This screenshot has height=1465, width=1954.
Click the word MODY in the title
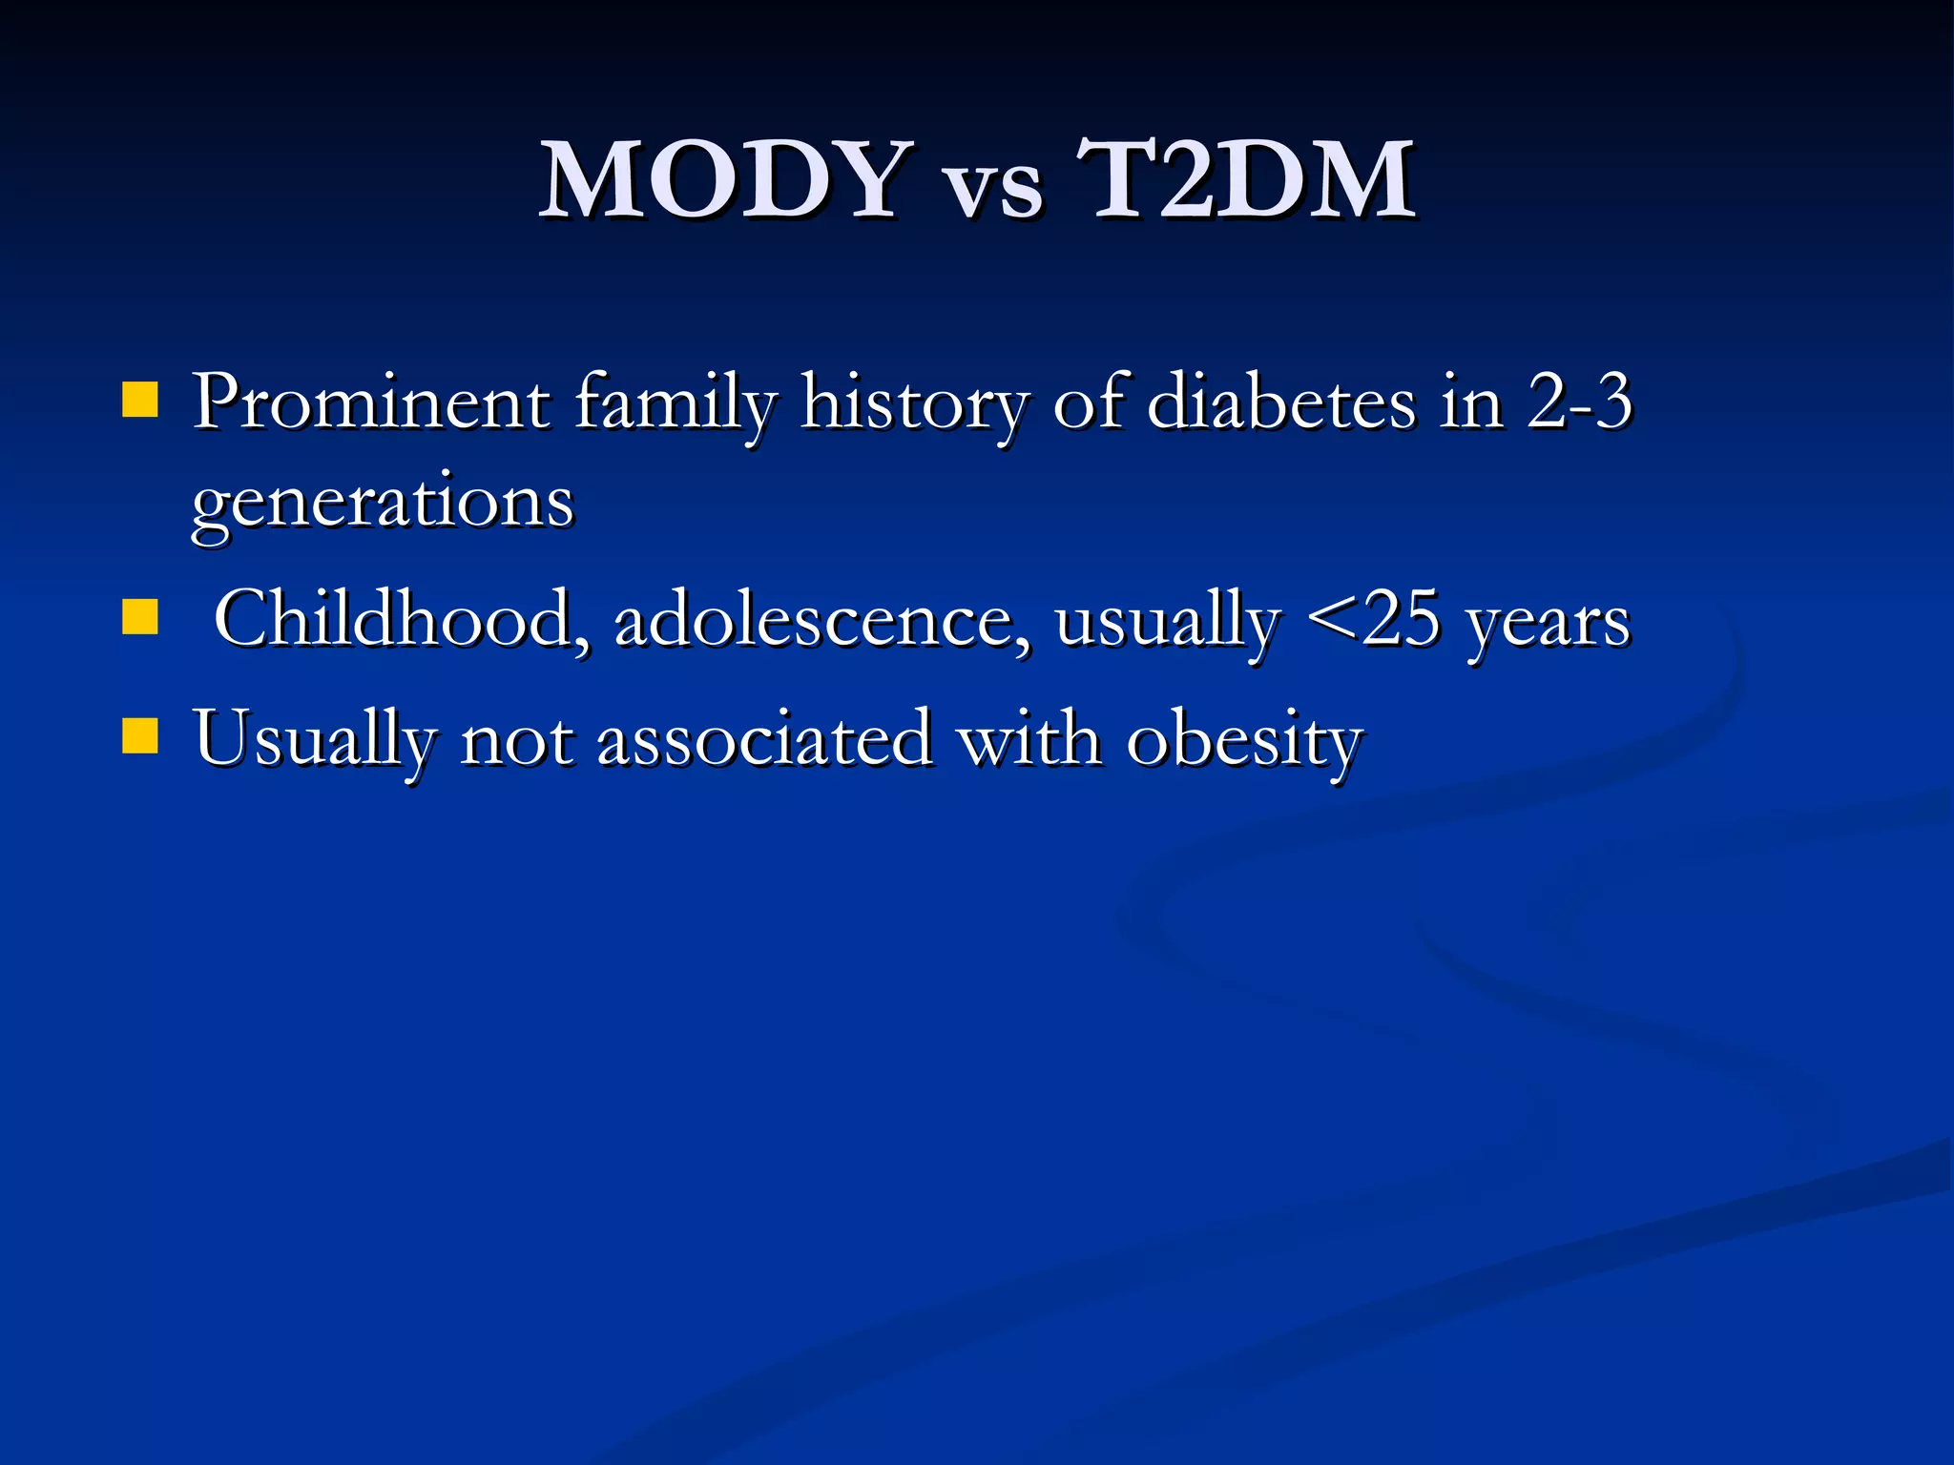[x=721, y=179]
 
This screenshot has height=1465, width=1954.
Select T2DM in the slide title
[x=1245, y=179]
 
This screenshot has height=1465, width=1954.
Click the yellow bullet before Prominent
[x=140, y=401]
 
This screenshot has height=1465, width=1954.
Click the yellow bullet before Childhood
[x=140, y=617]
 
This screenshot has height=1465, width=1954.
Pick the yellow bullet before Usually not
[x=140, y=736]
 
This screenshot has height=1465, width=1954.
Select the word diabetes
[x=1281, y=402]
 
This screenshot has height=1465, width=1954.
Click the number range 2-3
[x=1579, y=401]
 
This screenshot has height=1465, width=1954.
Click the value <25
[x=1372, y=619]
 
